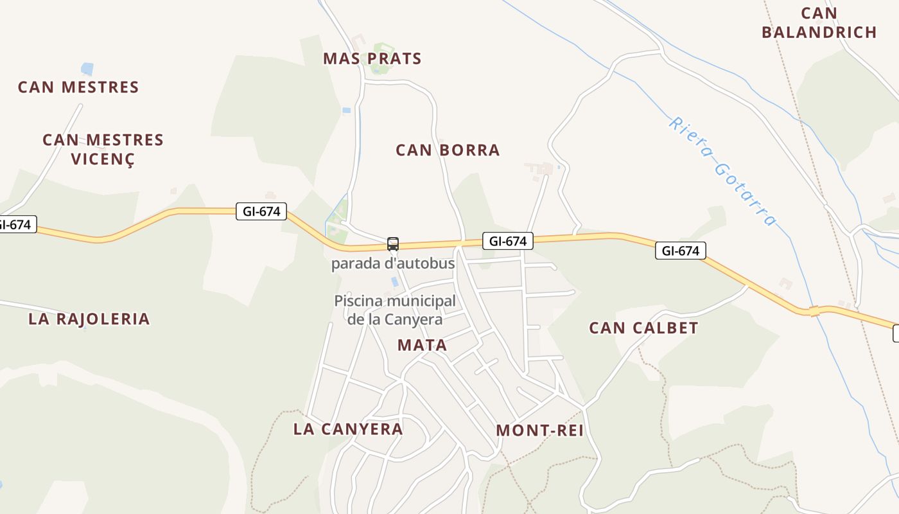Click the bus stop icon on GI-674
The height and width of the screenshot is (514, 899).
392,244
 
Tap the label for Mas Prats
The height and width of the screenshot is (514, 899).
372,59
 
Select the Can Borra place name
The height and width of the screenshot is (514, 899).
448,150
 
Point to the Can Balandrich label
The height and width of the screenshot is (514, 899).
819,22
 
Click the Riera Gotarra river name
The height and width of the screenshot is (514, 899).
723,171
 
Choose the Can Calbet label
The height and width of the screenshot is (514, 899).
643,328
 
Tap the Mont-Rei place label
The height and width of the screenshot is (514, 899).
540,430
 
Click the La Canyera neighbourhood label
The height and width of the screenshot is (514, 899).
348,429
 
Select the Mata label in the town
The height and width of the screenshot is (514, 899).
422,345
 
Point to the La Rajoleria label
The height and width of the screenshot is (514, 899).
89,319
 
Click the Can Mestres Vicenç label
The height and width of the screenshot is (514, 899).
103,149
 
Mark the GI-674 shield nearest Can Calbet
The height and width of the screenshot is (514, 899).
680,251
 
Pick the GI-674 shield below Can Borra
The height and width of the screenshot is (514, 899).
507,241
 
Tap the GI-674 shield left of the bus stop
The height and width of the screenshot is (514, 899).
261,211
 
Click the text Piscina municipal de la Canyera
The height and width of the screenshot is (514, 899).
395,310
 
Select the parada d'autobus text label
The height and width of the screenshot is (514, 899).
393,263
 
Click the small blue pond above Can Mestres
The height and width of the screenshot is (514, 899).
87,69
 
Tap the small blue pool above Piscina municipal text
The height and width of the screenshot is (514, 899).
394,281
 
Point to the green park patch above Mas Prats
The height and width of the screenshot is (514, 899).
384,50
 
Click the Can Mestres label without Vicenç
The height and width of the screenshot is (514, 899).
78,87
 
